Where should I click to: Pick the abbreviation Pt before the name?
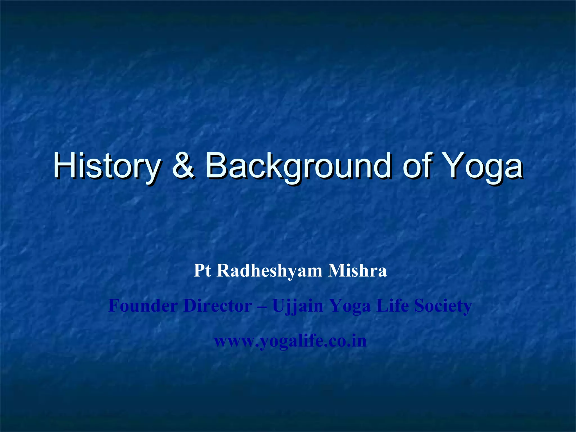point(202,271)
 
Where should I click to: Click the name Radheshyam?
point(269,271)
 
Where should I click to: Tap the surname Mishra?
point(357,271)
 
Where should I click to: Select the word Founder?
point(143,306)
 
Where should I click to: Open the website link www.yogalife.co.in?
point(290,341)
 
